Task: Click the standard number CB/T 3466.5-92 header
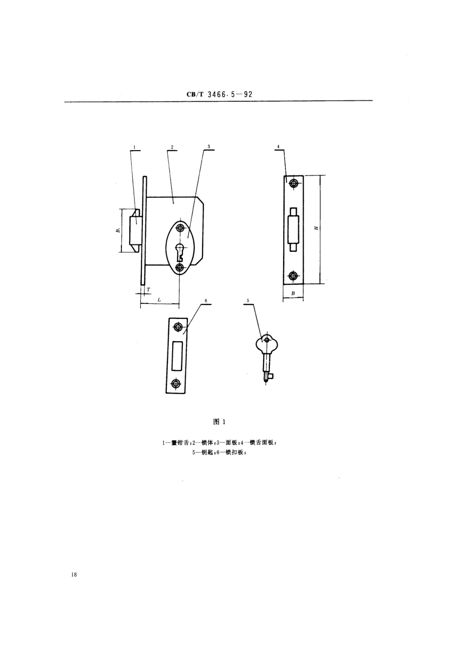pyautogui.click(x=219, y=95)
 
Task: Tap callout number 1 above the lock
pyautogui.click(x=135, y=146)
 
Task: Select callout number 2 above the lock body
pyautogui.click(x=172, y=146)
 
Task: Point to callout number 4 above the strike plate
pyautogui.click(x=279, y=146)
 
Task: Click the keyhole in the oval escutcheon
pyautogui.click(x=180, y=251)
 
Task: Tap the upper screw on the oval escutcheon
pyautogui.click(x=180, y=228)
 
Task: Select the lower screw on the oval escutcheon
pyautogui.click(x=180, y=267)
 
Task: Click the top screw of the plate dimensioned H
pyautogui.click(x=293, y=183)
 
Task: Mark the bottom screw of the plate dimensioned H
pyautogui.click(x=293, y=276)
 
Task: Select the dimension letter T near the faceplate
pyautogui.click(x=148, y=289)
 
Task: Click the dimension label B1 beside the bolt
pyautogui.click(x=117, y=231)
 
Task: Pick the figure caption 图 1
pyautogui.click(x=219, y=422)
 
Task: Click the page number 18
pyautogui.click(x=73, y=575)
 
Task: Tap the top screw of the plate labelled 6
pyautogui.click(x=178, y=327)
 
